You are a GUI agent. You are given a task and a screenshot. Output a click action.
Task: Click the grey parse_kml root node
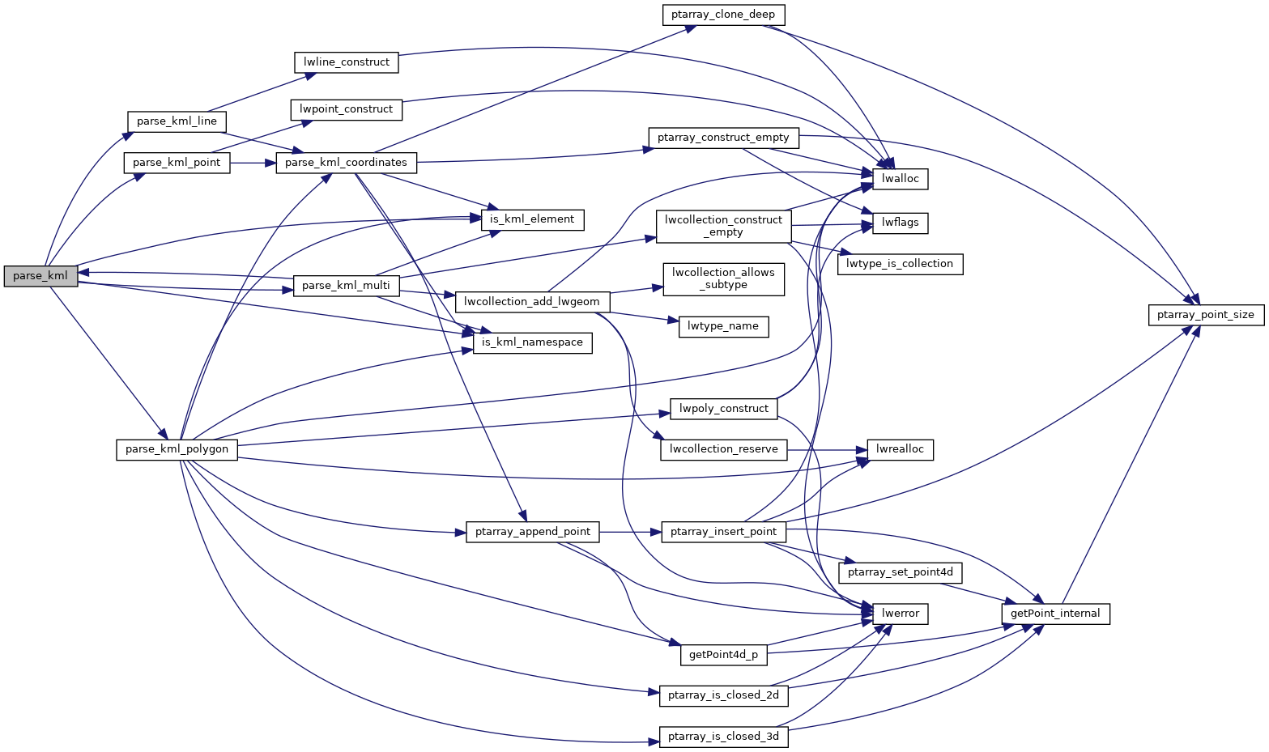click(40, 276)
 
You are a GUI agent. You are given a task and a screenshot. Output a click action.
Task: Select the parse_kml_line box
click(177, 121)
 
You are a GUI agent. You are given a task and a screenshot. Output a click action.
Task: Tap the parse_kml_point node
click(177, 163)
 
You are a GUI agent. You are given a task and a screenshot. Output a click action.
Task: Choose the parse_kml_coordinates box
click(347, 163)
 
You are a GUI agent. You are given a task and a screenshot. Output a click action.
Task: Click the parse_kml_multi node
click(346, 286)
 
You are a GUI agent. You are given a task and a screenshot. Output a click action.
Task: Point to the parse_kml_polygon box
click(177, 449)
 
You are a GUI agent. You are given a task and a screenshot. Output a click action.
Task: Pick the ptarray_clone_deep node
click(723, 15)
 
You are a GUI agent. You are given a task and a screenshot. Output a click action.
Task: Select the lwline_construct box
click(346, 62)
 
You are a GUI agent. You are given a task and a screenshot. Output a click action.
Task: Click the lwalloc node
click(900, 179)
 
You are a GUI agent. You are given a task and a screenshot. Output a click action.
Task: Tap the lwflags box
click(900, 223)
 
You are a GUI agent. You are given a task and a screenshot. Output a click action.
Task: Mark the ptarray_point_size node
click(1206, 315)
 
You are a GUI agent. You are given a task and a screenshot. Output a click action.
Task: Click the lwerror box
click(900, 614)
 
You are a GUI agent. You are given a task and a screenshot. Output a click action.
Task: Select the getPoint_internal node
click(1055, 614)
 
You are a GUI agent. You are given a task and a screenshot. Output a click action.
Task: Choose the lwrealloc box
click(900, 449)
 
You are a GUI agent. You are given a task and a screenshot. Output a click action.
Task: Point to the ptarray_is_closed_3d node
click(723, 737)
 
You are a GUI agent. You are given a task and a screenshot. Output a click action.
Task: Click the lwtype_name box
click(723, 326)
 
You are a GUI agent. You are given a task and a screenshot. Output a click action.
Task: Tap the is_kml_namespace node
click(532, 342)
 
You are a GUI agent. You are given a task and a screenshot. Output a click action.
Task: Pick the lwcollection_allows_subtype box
click(723, 278)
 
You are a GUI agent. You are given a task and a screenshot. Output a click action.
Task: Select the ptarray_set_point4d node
click(900, 572)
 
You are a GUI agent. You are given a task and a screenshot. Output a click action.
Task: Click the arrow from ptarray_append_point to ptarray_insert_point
click(632, 532)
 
